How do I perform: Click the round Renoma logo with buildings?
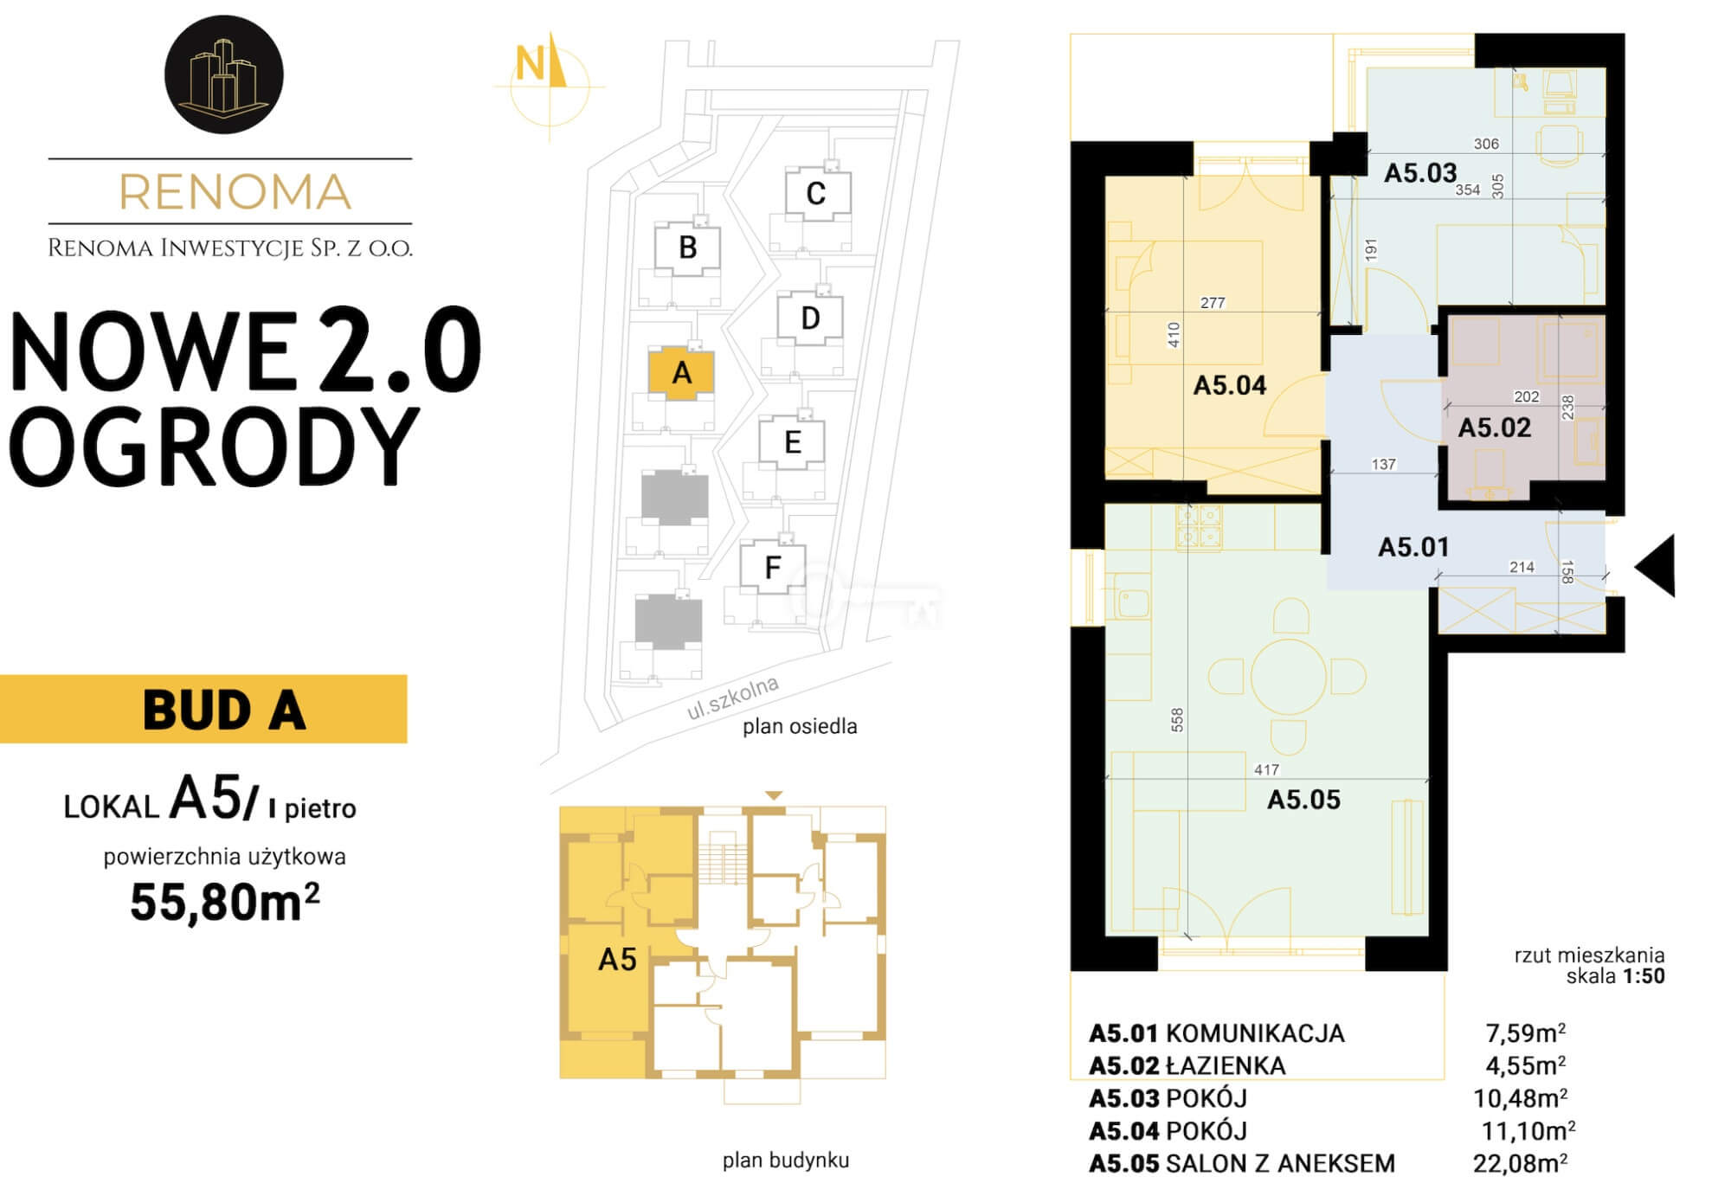(224, 74)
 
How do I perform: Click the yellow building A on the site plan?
(682, 373)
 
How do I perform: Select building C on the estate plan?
(817, 194)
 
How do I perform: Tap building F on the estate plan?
(773, 568)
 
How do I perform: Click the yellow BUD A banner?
(203, 709)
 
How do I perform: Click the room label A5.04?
(1229, 385)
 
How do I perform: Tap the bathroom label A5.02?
(1494, 428)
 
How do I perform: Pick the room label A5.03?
(1420, 173)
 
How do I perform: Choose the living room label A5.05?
(1303, 800)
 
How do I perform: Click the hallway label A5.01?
(1413, 547)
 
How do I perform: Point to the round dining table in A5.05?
(1288, 676)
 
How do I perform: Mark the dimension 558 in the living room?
(1177, 720)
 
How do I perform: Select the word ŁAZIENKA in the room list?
(1226, 1065)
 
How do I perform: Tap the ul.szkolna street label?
(732, 698)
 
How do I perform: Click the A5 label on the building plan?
(617, 960)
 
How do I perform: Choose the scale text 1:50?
(1644, 976)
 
